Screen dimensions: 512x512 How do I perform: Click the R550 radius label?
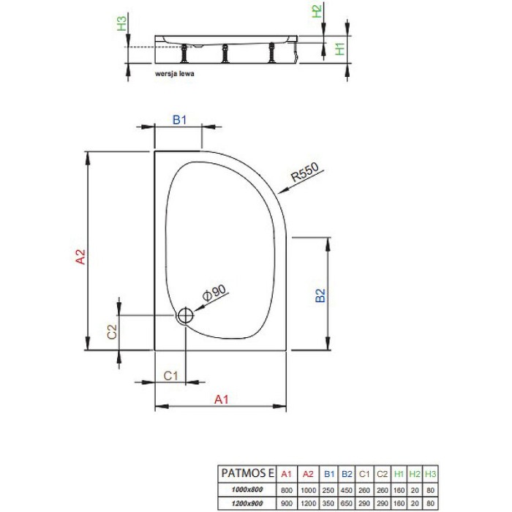click(x=302, y=173)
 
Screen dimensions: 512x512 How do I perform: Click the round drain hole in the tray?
click(x=184, y=316)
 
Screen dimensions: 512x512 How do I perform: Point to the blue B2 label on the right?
click(x=319, y=295)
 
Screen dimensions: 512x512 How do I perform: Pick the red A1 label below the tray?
click(x=222, y=399)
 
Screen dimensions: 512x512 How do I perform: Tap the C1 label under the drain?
click(x=170, y=375)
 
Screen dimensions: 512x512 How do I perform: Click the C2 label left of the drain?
click(x=112, y=331)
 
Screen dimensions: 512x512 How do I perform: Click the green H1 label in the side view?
click(x=339, y=50)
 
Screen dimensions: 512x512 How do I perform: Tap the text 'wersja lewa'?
click(x=174, y=74)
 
